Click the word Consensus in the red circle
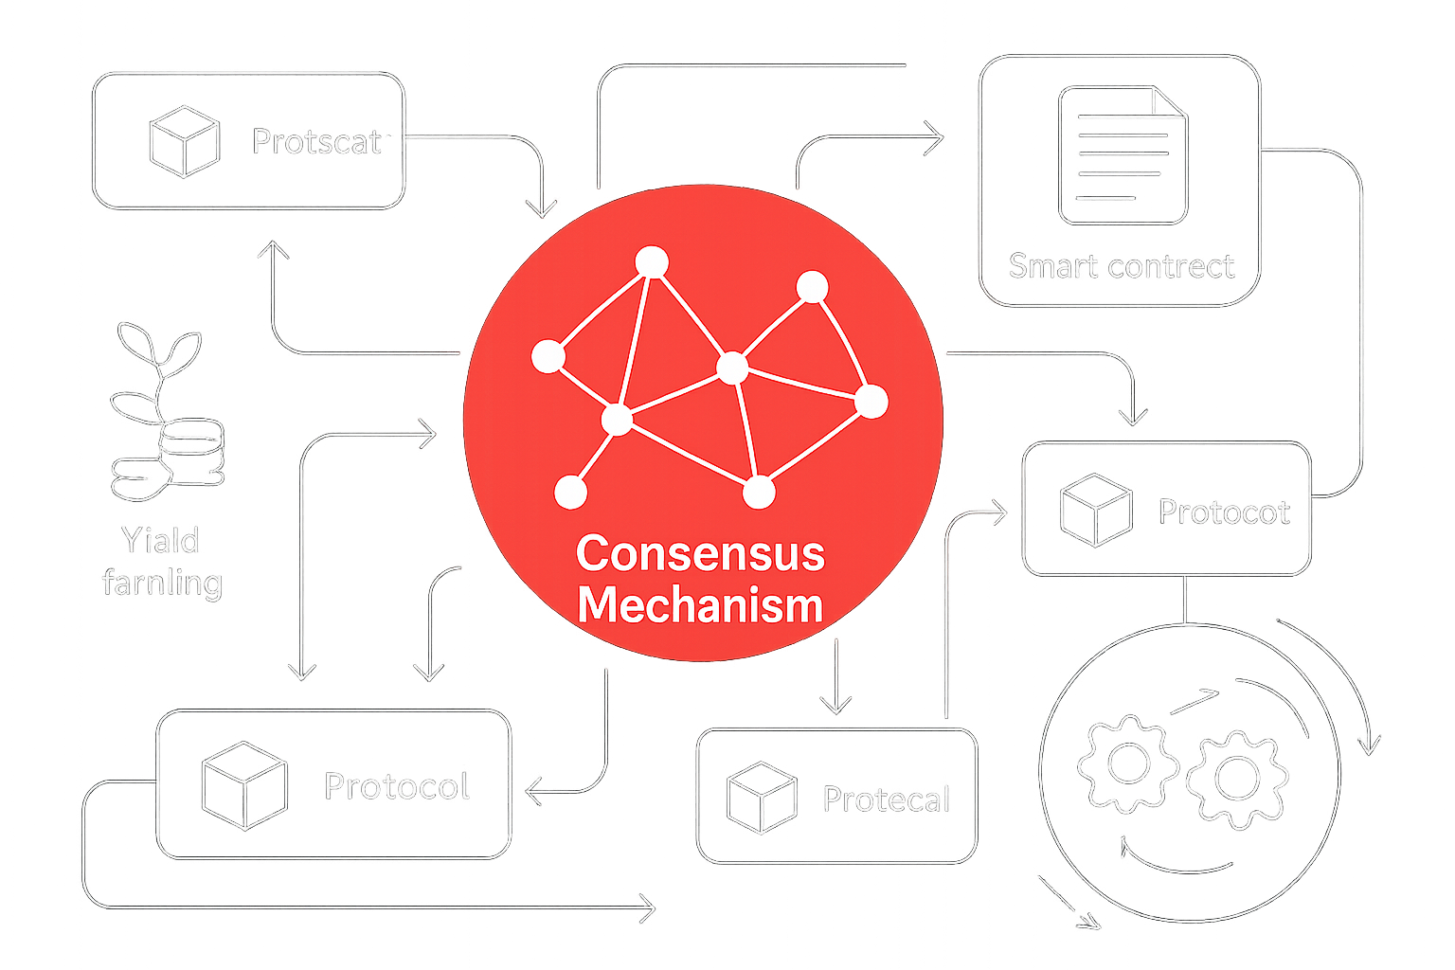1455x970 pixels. tap(700, 553)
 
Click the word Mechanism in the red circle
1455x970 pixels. tap(700, 605)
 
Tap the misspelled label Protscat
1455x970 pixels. tap(316, 142)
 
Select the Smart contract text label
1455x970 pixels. tap(1122, 266)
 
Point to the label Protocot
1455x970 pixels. tap(1223, 512)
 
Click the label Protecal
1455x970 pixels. tap(886, 799)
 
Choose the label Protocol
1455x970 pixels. tap(397, 786)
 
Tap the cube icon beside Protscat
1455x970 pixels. tap(185, 141)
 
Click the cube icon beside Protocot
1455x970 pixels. tap(1096, 510)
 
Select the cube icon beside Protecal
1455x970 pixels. tap(761, 797)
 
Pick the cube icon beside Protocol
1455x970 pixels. tap(244, 785)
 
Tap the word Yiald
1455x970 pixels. tap(160, 541)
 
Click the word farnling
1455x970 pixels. tap(162, 583)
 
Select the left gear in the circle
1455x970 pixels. tap(1127, 763)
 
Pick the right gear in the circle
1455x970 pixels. tap(1236, 779)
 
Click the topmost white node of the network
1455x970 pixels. tap(652, 261)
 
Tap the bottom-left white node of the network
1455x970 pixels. tap(570, 492)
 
